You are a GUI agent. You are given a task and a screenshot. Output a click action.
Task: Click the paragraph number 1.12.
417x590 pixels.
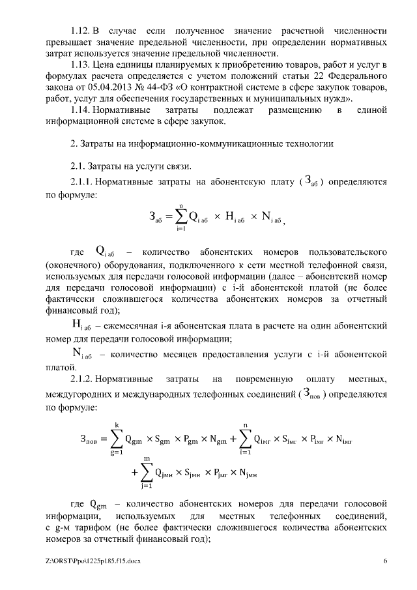click(80, 31)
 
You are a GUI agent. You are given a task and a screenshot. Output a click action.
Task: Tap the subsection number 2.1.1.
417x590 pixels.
click(83, 183)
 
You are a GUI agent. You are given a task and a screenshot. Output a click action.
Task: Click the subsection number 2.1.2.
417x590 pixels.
click(83, 379)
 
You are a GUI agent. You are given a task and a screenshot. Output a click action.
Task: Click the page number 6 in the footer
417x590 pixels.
click(386, 561)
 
